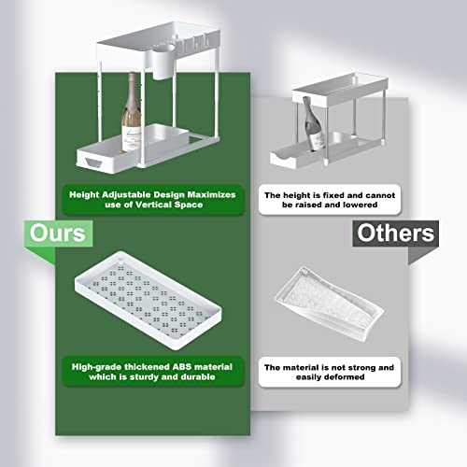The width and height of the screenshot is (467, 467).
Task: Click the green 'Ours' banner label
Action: click(59, 233)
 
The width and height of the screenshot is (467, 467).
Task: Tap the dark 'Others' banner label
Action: click(395, 233)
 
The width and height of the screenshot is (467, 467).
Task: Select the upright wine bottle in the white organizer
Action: click(131, 112)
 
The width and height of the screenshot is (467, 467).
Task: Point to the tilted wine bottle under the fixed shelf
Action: click(313, 124)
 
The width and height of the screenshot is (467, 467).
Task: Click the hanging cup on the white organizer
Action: click(163, 62)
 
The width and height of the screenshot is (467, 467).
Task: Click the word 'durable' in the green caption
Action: click(198, 377)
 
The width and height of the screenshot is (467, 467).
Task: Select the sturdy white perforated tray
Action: click(148, 301)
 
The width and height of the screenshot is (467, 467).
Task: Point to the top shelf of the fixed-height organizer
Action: click(340, 88)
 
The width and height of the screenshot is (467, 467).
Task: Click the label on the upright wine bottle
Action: click(131, 138)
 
